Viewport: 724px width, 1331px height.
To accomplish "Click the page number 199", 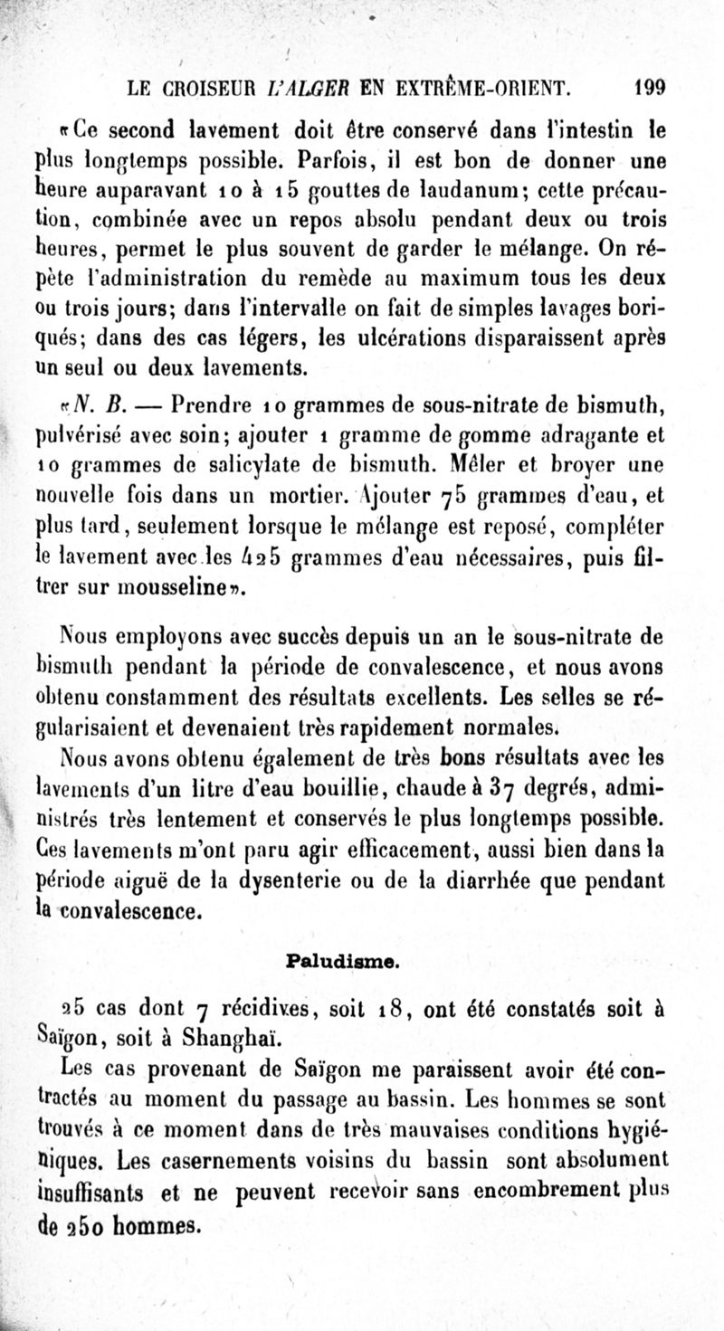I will coord(650,89).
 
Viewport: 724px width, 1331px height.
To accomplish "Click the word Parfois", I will coord(342,163).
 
